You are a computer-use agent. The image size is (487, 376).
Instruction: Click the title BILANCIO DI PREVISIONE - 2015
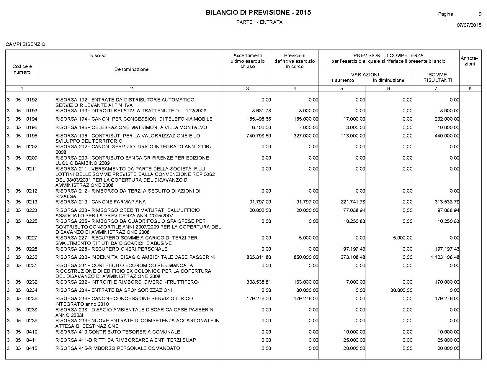click(258, 12)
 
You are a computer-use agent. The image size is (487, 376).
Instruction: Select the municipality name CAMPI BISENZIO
click(25, 45)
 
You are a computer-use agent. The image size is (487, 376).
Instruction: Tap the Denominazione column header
click(131, 70)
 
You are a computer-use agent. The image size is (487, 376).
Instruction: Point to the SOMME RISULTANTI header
click(437, 78)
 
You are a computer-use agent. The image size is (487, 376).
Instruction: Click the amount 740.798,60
click(259, 136)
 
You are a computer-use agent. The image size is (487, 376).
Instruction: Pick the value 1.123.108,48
click(445, 257)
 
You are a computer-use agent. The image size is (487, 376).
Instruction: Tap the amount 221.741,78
click(353, 202)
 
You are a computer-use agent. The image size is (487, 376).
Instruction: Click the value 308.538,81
click(259, 282)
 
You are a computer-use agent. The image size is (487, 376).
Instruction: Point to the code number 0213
click(32, 202)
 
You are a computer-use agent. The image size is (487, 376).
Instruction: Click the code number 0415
click(32, 349)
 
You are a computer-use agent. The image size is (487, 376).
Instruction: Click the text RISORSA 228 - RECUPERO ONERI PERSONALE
click(112, 249)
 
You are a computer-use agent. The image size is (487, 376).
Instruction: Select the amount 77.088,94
click(354, 210)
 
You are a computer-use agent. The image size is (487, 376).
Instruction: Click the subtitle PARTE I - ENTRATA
click(259, 22)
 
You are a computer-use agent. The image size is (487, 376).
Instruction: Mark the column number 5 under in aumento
click(341, 88)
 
